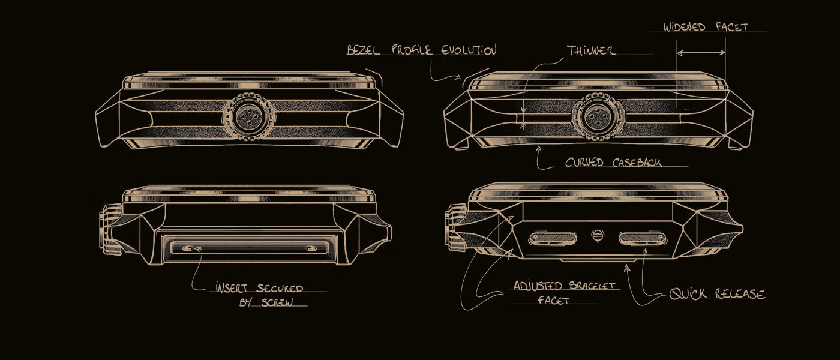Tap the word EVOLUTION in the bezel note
coord(469,49)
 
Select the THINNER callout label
coord(591,50)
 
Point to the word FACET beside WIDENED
coord(731,27)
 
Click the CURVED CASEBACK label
coord(613,163)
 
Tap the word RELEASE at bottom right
coord(739,294)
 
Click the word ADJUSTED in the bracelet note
coord(538,286)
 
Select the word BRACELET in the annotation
coord(592,286)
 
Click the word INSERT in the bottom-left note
coord(232,288)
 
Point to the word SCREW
coord(277,302)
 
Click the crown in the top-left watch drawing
coord(248,116)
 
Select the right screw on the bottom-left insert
coord(311,248)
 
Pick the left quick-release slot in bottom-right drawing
coord(553,238)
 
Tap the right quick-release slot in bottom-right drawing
coord(643,238)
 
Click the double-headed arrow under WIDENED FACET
coord(701,53)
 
